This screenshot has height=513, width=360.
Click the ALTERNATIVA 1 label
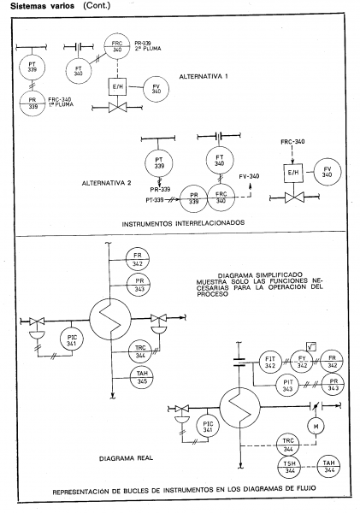[x=204, y=77]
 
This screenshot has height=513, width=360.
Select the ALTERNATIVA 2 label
[x=106, y=183]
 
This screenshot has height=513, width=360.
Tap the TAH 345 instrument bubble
[x=142, y=378]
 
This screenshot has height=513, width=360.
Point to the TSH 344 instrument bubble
[x=289, y=467]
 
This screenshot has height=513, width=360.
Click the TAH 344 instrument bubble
[x=329, y=467]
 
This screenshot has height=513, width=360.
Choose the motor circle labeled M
[x=316, y=426]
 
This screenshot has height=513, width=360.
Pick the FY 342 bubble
[x=302, y=362]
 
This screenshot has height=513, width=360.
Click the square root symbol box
[x=311, y=346]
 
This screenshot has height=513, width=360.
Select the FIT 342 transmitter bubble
[x=270, y=363]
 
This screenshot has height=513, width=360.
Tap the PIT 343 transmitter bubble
[x=287, y=386]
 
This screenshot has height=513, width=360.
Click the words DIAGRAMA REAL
[x=126, y=458]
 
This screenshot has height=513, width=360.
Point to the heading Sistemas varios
[x=42, y=6]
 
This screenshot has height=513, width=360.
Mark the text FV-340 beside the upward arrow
[x=249, y=176]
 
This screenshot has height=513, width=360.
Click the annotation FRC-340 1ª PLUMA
[x=61, y=102]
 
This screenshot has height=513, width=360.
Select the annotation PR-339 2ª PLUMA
[x=148, y=46]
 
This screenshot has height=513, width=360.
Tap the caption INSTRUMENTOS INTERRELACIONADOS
[x=183, y=223]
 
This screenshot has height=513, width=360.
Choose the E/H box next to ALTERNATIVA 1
[x=117, y=86]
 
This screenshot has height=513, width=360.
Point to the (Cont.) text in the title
[x=97, y=6]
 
